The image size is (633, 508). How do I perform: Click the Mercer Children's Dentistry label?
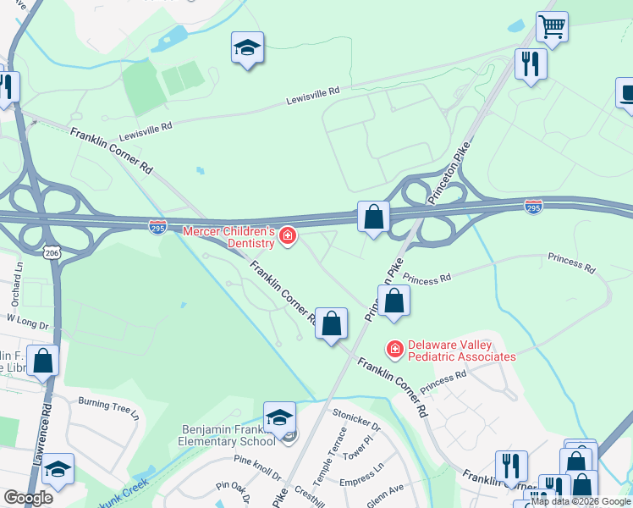point(229,237)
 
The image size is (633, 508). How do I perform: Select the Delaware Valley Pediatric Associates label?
point(461,351)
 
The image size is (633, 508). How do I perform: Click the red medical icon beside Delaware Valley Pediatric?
point(394,348)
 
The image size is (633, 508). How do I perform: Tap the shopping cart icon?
point(552,26)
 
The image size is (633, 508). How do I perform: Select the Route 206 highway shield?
point(52,251)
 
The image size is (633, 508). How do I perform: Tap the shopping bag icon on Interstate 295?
point(373,217)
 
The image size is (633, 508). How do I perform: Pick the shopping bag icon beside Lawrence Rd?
point(42,360)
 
